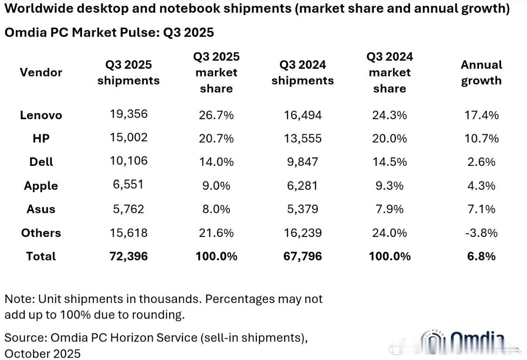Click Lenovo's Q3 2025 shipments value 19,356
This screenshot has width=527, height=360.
(x=128, y=114)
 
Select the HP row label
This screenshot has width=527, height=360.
(x=41, y=138)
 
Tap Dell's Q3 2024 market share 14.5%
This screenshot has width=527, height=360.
(x=389, y=162)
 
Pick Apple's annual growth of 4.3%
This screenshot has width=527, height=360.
(x=481, y=185)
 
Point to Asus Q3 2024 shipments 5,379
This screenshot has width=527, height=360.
(x=302, y=209)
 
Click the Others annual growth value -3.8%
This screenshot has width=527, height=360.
(x=481, y=232)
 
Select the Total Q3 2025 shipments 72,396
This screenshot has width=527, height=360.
(x=128, y=256)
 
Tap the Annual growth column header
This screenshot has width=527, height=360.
(x=481, y=73)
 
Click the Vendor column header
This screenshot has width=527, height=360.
(x=41, y=73)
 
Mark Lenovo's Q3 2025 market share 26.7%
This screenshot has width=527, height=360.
(x=216, y=115)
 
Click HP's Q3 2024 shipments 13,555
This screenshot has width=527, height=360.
(x=302, y=138)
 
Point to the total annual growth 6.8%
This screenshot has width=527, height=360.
(x=481, y=256)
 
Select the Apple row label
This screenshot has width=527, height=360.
(x=41, y=186)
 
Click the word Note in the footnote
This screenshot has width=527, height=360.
(x=17, y=299)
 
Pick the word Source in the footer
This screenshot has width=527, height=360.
(x=25, y=337)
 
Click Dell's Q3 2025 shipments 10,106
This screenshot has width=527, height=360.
(x=128, y=161)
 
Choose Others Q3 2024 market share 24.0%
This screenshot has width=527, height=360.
(x=389, y=232)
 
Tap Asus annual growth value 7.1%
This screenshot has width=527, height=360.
(x=481, y=209)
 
